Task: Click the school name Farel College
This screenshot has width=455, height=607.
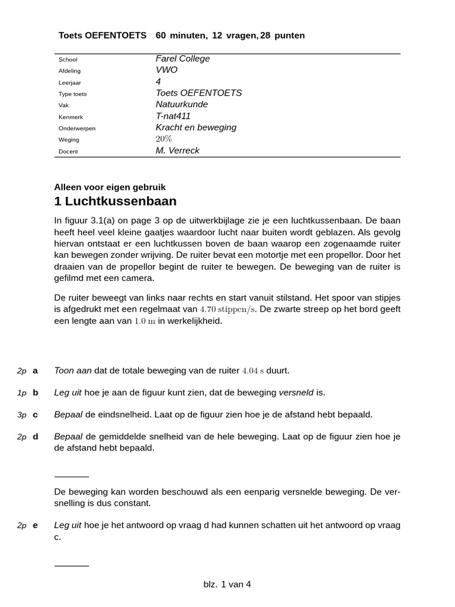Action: [x=182, y=59]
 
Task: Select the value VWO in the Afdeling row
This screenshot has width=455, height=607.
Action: [x=166, y=70]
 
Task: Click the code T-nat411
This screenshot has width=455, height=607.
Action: [x=173, y=116]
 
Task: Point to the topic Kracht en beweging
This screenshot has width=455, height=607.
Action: [x=196, y=127]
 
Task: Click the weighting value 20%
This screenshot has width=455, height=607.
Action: [x=164, y=139]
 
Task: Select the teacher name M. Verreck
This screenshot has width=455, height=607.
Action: [x=177, y=151]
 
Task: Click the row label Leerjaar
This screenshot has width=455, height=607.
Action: [x=69, y=82]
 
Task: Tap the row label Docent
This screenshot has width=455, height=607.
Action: [x=68, y=151]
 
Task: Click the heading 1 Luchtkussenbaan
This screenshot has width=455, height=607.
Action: [x=115, y=201]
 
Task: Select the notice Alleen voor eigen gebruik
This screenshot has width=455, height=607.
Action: [x=110, y=187]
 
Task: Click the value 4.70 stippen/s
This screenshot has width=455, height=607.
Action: [x=227, y=309]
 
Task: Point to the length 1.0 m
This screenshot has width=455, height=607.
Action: [x=145, y=321]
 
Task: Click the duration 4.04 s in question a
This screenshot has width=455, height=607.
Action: [x=253, y=371]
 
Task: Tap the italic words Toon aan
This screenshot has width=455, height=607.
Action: [x=73, y=370]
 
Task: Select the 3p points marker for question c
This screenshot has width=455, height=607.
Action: [x=22, y=415]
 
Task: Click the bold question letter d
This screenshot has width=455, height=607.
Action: [x=36, y=437]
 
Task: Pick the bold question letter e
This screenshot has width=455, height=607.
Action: [x=36, y=525]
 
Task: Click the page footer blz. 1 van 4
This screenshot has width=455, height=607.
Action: [x=227, y=584]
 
